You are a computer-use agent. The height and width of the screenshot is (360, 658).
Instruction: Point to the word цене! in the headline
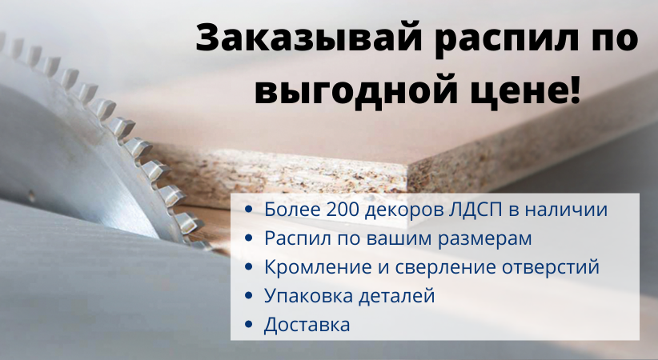click(x=521, y=93)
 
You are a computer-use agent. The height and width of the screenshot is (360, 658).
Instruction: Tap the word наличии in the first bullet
click(x=568, y=210)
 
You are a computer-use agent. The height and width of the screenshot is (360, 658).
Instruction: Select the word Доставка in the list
click(x=307, y=325)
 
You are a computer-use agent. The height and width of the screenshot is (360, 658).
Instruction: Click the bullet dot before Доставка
click(x=249, y=326)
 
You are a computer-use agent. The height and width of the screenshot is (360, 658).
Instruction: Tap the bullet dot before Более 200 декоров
click(x=249, y=210)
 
